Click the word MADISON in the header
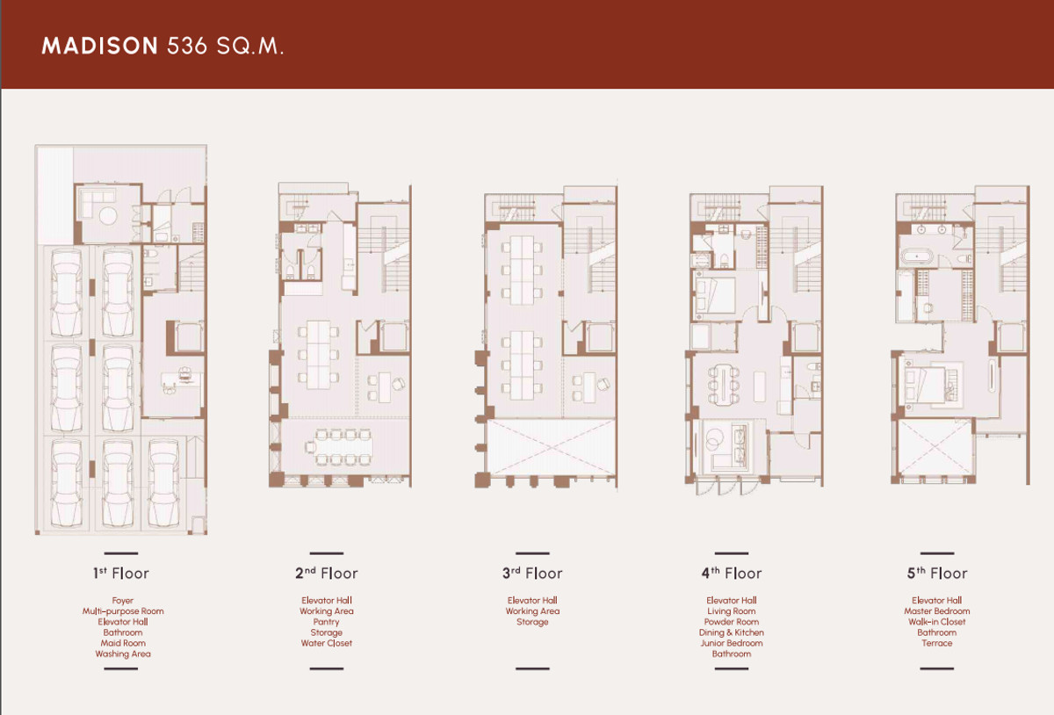(x=100, y=47)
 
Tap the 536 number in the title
(x=187, y=47)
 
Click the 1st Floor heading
(x=121, y=573)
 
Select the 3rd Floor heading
(x=532, y=573)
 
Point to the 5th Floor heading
(x=937, y=573)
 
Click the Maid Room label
(x=123, y=643)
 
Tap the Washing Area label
(x=123, y=654)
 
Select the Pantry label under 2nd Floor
(x=326, y=622)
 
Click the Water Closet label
(x=326, y=643)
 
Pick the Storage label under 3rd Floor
(x=532, y=622)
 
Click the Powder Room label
(x=731, y=622)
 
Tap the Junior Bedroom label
(x=731, y=643)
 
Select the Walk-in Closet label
(x=937, y=622)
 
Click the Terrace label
(x=937, y=643)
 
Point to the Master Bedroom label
(x=937, y=611)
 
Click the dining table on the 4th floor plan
(x=723, y=384)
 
